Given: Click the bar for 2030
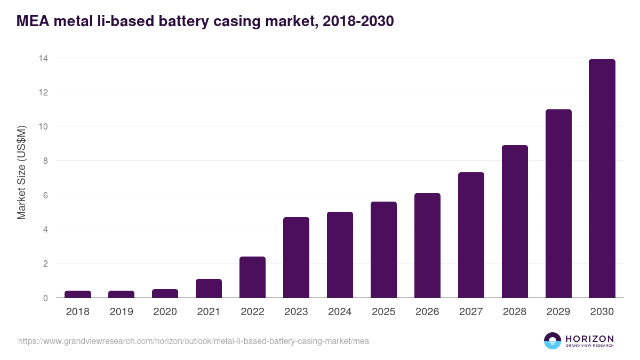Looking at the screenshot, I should (602, 179).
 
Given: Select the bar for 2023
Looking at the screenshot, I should (296, 258).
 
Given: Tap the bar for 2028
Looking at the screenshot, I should (515, 221).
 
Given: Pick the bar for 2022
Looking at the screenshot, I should (252, 277).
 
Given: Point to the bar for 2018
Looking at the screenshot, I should (78, 294).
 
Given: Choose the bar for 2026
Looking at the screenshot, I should (427, 245).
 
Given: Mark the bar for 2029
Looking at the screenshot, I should (558, 204).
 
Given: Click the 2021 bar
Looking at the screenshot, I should (209, 289).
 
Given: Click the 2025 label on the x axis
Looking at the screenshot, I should (383, 312).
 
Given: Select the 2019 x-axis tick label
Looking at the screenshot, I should (122, 312).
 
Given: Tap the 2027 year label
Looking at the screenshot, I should (471, 312).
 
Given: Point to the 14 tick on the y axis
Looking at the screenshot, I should (43, 58).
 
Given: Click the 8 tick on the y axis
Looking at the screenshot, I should (45, 161).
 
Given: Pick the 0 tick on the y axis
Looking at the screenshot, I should (45, 298).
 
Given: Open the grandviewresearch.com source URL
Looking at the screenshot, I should (194, 341).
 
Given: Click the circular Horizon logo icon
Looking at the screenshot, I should (553, 341).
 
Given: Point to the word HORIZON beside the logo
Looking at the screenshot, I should (589, 339).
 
